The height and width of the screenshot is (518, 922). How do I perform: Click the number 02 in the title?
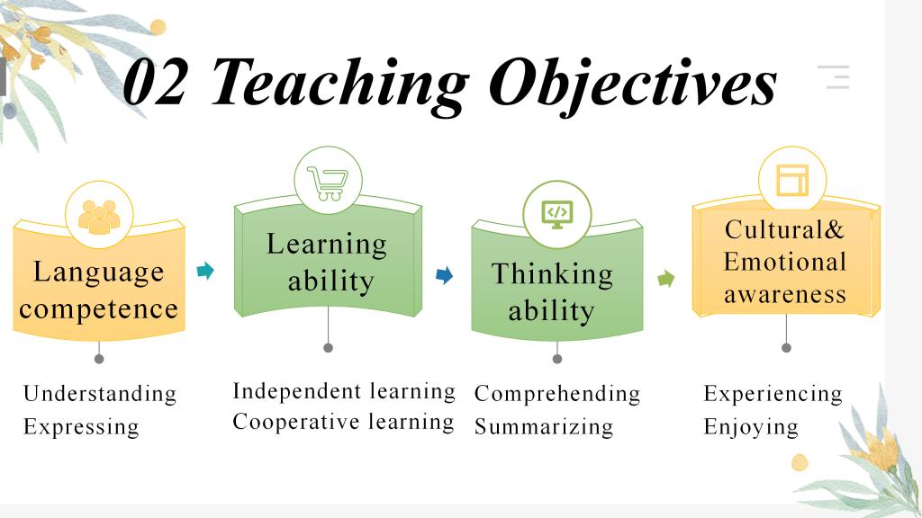click(155, 83)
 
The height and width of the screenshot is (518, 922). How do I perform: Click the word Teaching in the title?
click(339, 85)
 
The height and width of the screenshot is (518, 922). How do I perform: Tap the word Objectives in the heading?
click(633, 85)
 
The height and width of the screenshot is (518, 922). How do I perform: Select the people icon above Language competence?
click(99, 217)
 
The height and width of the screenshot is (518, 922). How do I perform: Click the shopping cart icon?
click(328, 183)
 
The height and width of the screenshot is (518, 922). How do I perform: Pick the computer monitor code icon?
click(556, 214)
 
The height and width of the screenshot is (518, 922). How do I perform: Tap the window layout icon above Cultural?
click(792, 180)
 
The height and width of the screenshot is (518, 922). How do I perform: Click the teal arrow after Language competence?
click(205, 270)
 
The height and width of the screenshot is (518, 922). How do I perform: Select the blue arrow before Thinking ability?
click(445, 275)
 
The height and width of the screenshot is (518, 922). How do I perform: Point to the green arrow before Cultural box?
click(665, 279)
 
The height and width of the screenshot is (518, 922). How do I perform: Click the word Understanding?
click(100, 394)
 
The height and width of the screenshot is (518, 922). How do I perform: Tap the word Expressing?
click(81, 427)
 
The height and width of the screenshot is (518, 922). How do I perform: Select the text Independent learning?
click(344, 391)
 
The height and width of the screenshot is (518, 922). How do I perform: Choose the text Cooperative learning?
click(343, 422)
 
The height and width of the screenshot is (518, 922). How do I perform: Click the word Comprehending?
click(557, 394)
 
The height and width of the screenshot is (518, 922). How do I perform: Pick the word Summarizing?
click(544, 427)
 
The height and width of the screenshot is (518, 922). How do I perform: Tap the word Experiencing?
click(773, 394)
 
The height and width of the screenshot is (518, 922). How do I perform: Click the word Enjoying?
click(751, 427)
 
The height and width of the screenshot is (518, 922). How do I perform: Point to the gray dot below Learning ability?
click(328, 348)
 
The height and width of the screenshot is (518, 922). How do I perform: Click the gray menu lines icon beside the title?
click(834, 77)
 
